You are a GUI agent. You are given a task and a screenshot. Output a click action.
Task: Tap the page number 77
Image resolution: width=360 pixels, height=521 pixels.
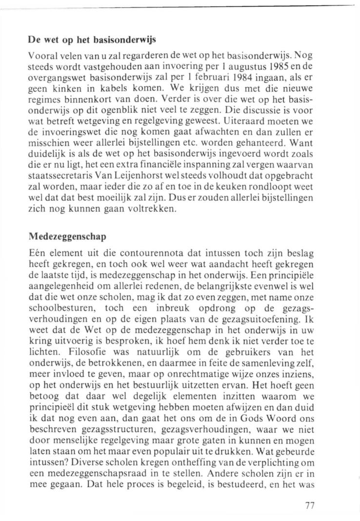(309, 505)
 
